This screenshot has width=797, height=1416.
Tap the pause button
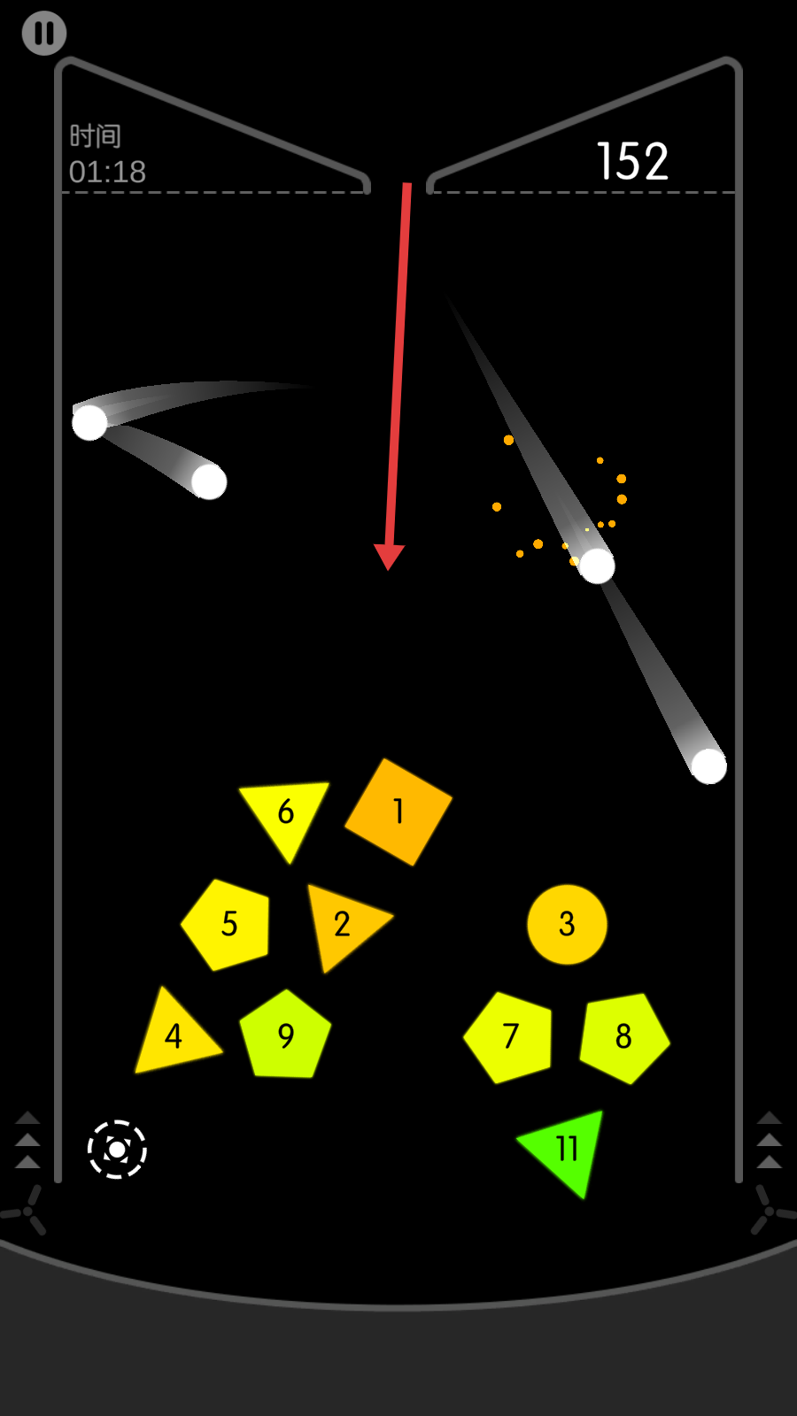click(44, 34)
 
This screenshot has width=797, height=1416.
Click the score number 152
click(632, 162)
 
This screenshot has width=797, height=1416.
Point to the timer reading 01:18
click(107, 172)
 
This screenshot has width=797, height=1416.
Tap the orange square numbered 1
click(398, 812)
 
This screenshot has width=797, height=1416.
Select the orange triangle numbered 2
click(342, 924)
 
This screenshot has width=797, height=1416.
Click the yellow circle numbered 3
click(567, 924)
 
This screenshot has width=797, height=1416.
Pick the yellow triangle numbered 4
click(174, 1036)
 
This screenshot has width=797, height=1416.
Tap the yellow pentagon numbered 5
click(228, 924)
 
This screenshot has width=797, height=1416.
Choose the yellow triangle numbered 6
click(285, 811)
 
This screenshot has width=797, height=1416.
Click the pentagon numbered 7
click(511, 1036)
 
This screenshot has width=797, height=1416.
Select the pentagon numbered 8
click(623, 1036)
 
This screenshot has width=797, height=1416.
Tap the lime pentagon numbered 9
click(285, 1036)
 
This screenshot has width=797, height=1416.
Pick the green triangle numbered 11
click(567, 1148)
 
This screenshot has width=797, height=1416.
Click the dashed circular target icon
click(117, 1150)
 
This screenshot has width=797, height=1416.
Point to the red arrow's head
click(389, 556)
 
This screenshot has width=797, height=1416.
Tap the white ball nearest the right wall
click(708, 766)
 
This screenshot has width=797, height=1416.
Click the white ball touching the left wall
click(89, 422)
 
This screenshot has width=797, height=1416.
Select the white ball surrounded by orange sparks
click(597, 566)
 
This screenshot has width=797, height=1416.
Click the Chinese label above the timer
click(96, 136)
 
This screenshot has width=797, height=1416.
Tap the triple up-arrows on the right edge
click(769, 1140)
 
